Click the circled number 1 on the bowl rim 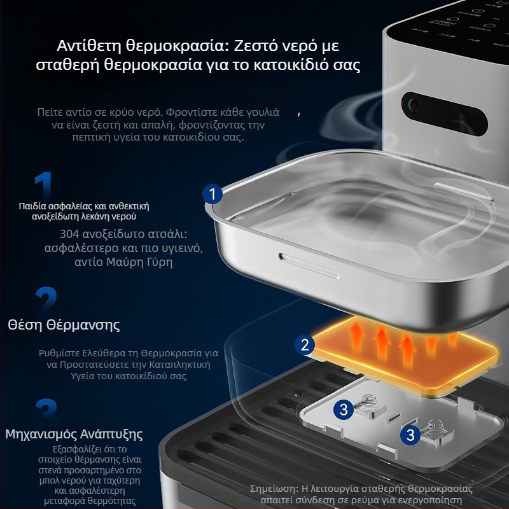213,194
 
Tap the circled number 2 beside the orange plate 305,345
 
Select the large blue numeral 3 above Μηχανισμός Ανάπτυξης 46,410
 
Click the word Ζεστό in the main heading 252,45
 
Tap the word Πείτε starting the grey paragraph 50,113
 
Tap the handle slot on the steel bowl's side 309,266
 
